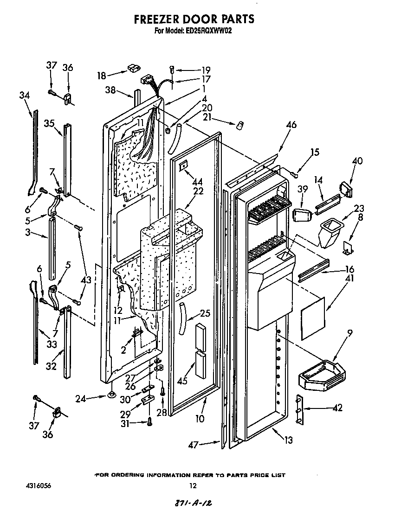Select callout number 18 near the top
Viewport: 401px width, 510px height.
pos(102,75)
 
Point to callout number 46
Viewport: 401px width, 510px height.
pos(291,125)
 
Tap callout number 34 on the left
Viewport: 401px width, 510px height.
pos(24,96)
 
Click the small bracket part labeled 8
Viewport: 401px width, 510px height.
pos(348,249)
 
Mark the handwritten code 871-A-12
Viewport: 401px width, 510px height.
pos(194,503)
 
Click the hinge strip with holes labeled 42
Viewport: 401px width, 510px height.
pos(300,409)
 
